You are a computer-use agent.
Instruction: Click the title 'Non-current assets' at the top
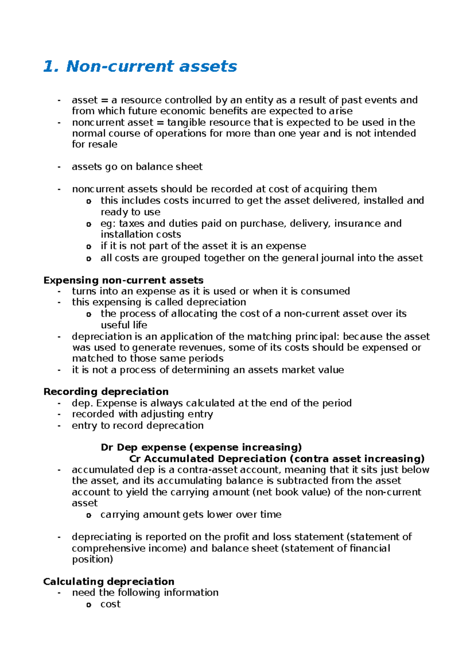[151, 66]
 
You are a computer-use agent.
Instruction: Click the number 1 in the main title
[48, 66]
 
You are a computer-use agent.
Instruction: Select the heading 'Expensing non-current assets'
[123, 280]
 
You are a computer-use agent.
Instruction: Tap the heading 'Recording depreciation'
[106, 392]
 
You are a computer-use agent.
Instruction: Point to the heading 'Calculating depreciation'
[109, 582]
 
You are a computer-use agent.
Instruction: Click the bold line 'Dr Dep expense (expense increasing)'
[201, 447]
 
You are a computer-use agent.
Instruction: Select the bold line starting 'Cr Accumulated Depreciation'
[276, 459]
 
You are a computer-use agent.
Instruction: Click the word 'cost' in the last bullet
[110, 604]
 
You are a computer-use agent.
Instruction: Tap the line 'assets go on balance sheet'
[137, 167]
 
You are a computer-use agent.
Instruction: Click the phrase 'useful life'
[124, 325]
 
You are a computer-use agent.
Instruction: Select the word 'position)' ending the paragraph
[92, 559]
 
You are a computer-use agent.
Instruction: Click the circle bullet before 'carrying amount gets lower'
[88, 515]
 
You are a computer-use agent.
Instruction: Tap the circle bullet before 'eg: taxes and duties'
[88, 224]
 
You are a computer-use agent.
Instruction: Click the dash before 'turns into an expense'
[59, 292]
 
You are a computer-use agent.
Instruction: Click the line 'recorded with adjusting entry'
[142, 414]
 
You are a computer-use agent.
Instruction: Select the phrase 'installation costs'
[141, 234]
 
